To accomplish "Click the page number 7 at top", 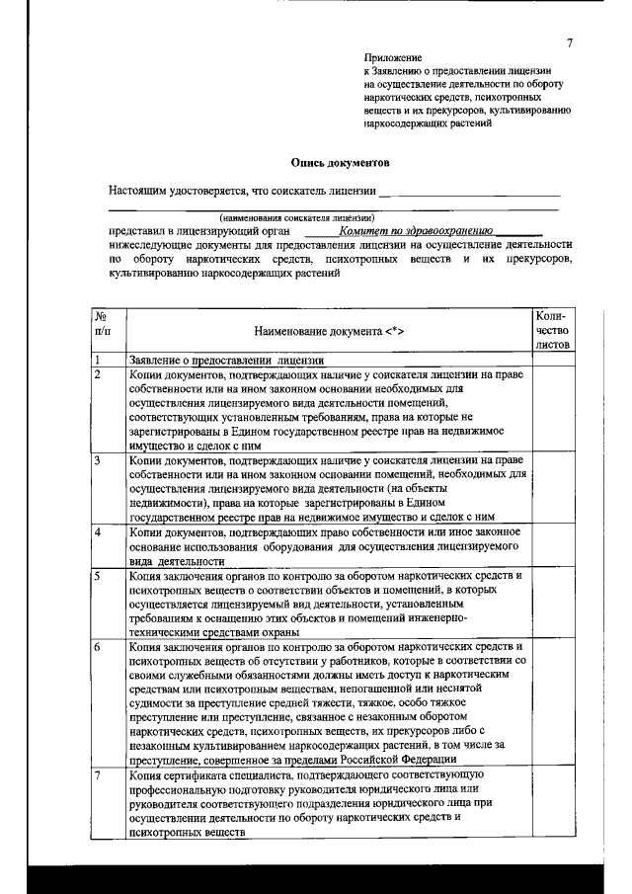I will coord(570,41).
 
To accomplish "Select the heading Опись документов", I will coord(339,160).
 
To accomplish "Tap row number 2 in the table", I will coord(98,376).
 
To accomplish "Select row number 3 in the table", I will coord(98,460).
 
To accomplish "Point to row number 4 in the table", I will coord(98,531).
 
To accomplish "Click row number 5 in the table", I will coord(98,575).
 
